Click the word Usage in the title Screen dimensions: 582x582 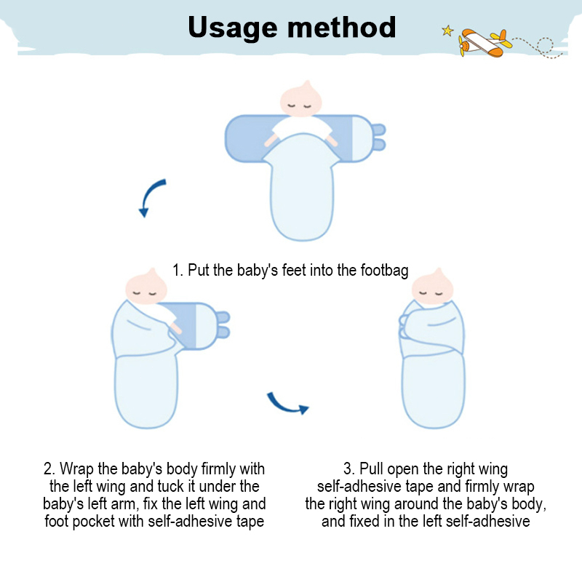click(233, 28)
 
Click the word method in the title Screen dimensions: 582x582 click(342, 27)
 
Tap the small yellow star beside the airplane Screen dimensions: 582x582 click(447, 31)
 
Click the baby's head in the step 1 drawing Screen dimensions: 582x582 click(300, 99)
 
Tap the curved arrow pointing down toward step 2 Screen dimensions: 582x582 click(151, 196)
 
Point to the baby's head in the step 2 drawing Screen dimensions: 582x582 click(146, 287)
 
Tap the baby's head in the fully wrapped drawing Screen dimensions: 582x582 click(433, 287)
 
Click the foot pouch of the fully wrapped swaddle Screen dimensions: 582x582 click(433, 391)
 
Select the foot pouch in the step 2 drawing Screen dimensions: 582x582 click(146, 391)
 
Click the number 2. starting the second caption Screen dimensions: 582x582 click(49, 469)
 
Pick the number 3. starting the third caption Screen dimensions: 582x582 click(349, 469)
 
